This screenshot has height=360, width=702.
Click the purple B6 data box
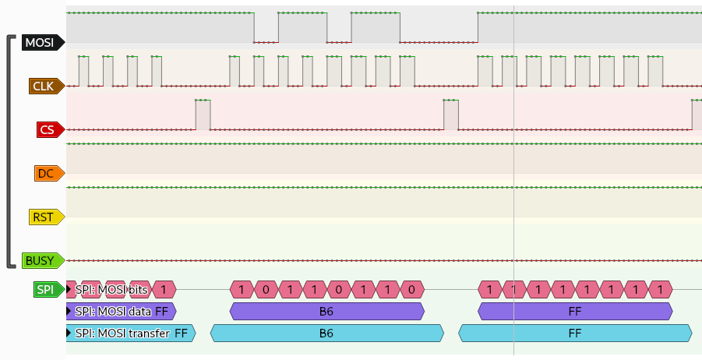click(327, 312)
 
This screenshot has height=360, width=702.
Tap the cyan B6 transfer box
click(327, 334)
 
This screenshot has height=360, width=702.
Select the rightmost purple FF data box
click(575, 312)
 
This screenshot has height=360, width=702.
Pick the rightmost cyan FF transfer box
click(575, 334)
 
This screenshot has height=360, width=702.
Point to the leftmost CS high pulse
click(203, 115)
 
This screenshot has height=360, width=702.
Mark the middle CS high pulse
click(450, 115)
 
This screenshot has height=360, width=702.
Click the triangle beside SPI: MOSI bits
click(69, 290)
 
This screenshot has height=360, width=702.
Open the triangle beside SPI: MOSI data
click(69, 312)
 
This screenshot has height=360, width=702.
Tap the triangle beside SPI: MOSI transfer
click(69, 334)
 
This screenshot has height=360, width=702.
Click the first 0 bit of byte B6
click(266, 290)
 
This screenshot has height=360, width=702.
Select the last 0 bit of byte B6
click(411, 290)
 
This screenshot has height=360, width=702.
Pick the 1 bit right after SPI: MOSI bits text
click(164, 290)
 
